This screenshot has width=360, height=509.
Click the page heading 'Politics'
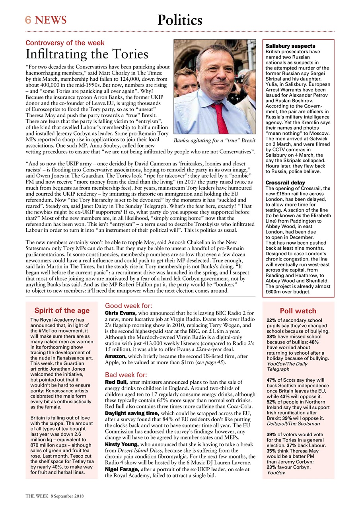[x=180, y=20]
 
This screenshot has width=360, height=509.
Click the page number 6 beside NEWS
[x=28, y=20]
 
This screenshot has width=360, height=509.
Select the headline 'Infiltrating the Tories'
[x=87, y=54]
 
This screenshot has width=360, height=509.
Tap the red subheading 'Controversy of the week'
[x=65, y=43]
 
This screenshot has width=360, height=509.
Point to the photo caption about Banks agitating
[x=214, y=141]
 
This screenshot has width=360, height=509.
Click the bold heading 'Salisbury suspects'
[x=290, y=47]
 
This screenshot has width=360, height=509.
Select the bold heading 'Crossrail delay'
[x=285, y=183]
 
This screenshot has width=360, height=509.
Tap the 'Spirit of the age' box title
[x=62, y=311]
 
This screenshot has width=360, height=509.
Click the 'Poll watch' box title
[x=298, y=311]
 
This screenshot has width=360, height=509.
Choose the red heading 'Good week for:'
[x=128, y=306]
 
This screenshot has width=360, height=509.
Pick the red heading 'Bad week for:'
[x=126, y=375]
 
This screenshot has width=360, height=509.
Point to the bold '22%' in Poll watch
[x=271, y=320]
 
